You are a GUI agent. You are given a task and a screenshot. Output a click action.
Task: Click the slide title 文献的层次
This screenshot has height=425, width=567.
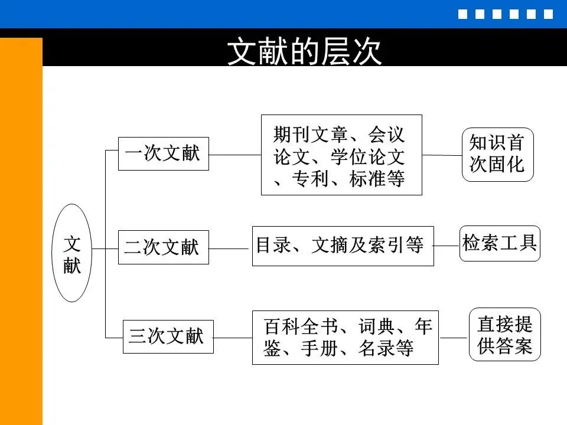304,51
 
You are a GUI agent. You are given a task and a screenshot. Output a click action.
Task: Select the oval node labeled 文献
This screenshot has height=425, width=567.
72,253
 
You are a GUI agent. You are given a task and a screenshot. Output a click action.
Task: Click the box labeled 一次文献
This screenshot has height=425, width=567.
164,153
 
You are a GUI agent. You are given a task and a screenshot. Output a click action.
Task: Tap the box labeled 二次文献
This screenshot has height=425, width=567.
164,247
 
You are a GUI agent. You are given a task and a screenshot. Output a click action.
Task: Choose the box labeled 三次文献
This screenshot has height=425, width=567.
168,336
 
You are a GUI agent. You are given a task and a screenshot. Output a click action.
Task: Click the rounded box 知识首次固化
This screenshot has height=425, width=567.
497,154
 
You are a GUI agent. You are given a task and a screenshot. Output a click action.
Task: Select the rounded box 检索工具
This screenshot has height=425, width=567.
500,243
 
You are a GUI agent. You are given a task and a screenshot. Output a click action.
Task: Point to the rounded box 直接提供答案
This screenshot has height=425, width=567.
505,334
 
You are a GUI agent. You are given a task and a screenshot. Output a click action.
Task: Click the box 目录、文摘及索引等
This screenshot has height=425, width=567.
343,246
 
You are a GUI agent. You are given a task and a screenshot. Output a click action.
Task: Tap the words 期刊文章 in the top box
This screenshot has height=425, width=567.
310,135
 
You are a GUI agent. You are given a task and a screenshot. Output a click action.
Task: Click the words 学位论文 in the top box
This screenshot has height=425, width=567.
367,157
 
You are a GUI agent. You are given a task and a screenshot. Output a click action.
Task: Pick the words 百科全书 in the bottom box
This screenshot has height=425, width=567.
301,326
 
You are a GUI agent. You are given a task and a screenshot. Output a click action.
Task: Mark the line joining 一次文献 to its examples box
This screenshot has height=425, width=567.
235,155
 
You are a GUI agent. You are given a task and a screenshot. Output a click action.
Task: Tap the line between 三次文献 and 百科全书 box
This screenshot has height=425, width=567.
233,338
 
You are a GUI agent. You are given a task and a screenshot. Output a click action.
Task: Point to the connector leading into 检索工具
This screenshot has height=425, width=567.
447,246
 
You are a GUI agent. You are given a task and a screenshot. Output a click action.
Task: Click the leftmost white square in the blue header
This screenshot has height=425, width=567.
462,14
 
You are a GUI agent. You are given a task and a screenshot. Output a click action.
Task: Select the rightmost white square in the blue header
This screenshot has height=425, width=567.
548,14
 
